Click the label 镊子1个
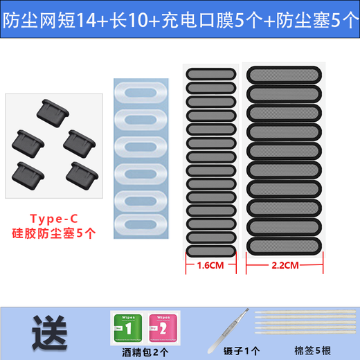pos(238,350)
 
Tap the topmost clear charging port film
pos(141,93)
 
